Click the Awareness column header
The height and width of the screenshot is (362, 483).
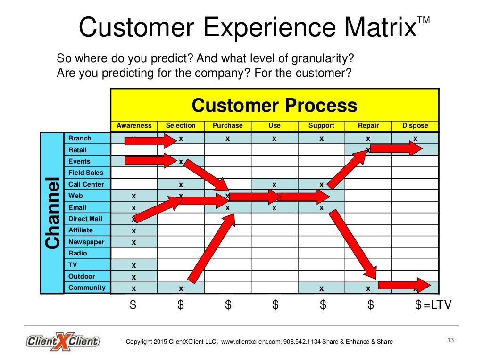pyautogui.click(x=134, y=126)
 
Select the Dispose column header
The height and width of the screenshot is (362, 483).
pyautogui.click(x=415, y=126)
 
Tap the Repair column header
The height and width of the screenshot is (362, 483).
pyautogui.click(x=368, y=126)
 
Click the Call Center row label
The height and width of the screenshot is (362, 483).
pyautogui.click(x=86, y=184)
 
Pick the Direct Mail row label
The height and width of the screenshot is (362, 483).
pyautogui.click(x=85, y=219)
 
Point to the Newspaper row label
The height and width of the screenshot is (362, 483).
pyautogui.click(x=86, y=242)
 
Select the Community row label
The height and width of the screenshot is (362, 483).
pyautogui.click(x=87, y=288)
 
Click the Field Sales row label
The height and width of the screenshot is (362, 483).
pyautogui.click(x=85, y=173)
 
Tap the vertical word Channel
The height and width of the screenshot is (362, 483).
pyautogui.click(x=52, y=213)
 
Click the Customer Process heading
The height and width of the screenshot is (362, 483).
pyautogui.click(x=274, y=105)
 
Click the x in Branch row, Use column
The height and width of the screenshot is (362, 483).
pyautogui.click(x=274, y=139)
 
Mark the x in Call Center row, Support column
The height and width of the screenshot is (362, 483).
pyautogui.click(x=321, y=185)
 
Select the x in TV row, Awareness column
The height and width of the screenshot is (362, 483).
pyautogui.click(x=133, y=265)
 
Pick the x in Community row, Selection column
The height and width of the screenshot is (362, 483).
pyautogui.click(x=181, y=288)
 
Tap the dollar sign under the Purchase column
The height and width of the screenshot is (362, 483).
pyautogui.click(x=228, y=305)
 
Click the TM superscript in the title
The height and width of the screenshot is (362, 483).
pyautogui.click(x=424, y=20)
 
